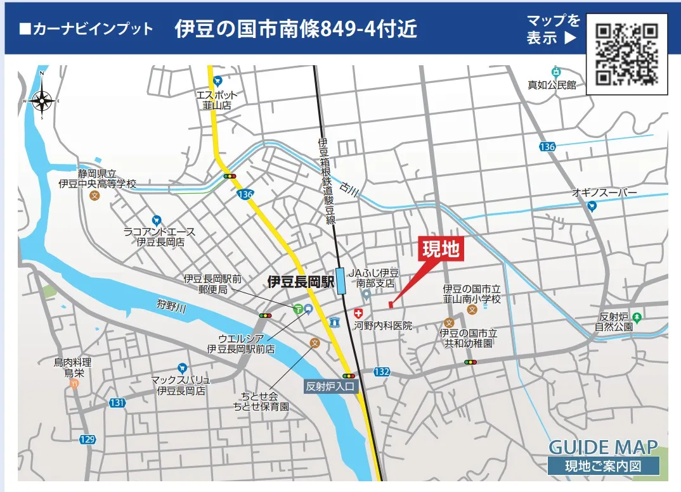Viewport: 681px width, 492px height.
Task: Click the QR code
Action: [x=627, y=54]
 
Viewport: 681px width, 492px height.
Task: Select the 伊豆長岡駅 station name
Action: [x=300, y=281]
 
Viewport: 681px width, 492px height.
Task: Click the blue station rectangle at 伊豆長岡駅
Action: [x=342, y=280]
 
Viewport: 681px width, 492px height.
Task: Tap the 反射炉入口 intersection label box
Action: [x=332, y=386]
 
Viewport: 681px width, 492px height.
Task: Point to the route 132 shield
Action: [x=382, y=372]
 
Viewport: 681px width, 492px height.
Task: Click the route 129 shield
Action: [x=88, y=439]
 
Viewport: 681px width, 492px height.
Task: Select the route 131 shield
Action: [x=117, y=402]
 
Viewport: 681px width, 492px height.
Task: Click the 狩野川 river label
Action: [x=171, y=307]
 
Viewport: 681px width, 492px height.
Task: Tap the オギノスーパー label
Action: [x=604, y=192]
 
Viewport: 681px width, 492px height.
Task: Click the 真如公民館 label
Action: [x=552, y=84]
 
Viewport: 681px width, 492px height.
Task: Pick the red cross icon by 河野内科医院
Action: [x=358, y=313]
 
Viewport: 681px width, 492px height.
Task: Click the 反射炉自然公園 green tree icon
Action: [x=637, y=317]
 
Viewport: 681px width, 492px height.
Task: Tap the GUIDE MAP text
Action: [x=602, y=447]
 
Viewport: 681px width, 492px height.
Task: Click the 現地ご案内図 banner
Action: [x=603, y=467]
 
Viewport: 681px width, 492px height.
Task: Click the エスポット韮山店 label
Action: [x=217, y=100]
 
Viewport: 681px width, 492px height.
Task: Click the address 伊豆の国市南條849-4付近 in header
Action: [x=296, y=29]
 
